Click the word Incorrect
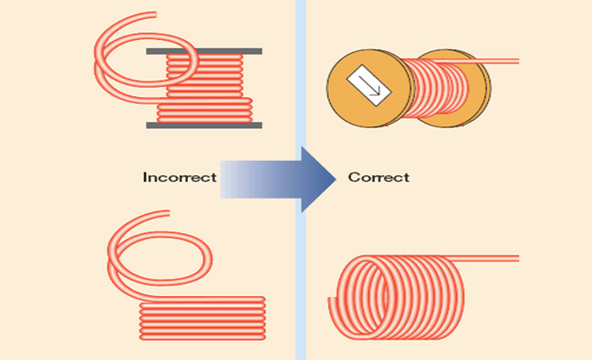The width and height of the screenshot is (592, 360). point(179,177)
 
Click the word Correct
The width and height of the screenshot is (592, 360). point(378,177)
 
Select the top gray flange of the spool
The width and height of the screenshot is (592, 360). point(204,51)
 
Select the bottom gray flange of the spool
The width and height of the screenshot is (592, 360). point(204,125)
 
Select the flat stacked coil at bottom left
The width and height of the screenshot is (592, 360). point(202,318)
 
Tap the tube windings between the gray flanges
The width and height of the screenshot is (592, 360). point(205,88)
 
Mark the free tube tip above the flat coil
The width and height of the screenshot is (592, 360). point(166,214)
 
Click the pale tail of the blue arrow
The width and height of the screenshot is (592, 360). point(237,178)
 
